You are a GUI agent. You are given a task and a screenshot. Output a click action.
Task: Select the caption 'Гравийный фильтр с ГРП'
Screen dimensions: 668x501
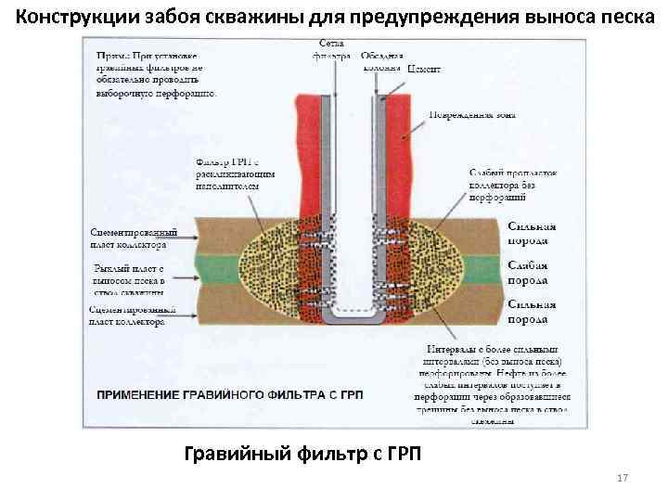302,454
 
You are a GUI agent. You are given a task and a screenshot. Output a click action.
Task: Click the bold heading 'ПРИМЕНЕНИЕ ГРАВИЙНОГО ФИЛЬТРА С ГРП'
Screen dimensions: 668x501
229,394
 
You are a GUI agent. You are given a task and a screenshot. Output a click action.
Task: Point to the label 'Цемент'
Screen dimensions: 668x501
425,70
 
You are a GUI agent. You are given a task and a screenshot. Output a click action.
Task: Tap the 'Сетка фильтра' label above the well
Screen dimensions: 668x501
333,50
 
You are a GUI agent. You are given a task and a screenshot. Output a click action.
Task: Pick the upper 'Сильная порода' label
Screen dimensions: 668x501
532,232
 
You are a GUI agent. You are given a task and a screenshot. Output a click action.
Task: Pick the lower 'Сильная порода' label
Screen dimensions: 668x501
532,312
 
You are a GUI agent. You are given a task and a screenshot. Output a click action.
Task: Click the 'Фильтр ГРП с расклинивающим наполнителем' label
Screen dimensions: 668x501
226,173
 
